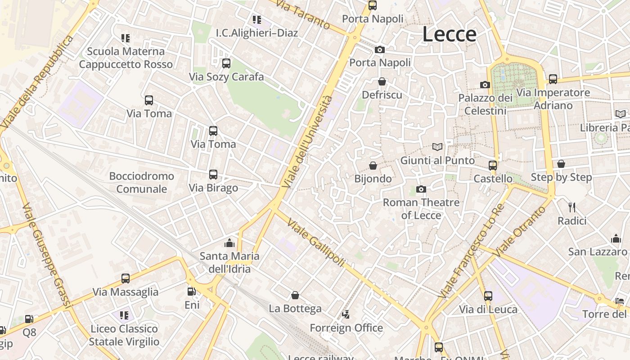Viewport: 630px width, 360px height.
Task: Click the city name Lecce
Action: [x=449, y=35]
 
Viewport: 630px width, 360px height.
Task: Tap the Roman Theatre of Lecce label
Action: [x=421, y=209]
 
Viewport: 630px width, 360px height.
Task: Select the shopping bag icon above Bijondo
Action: [x=373, y=166]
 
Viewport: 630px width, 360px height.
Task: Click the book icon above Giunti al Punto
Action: [x=437, y=147]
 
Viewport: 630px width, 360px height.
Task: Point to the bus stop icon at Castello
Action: [x=493, y=165]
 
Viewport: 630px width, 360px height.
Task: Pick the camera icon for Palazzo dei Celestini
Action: [x=485, y=85]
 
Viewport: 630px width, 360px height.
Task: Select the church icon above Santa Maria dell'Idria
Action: [x=229, y=243]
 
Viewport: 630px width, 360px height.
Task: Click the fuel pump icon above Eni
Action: [x=192, y=292]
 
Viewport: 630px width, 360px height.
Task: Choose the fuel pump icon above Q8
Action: [x=29, y=319]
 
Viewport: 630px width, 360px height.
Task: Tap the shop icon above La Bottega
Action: [x=295, y=295]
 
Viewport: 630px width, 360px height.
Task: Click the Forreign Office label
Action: [x=346, y=328]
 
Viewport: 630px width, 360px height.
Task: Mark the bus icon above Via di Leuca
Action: [x=488, y=296]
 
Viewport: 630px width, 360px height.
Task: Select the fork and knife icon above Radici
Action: [x=572, y=207]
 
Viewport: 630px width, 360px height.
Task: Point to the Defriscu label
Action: [x=382, y=95]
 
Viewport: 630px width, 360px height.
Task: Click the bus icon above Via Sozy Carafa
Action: [x=226, y=63]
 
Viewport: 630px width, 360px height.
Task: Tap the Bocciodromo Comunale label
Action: [x=141, y=182]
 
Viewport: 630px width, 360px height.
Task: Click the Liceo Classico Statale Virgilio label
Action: [x=124, y=335]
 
